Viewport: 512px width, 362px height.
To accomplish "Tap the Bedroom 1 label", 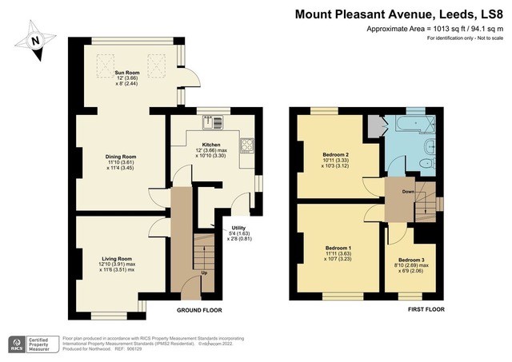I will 338,247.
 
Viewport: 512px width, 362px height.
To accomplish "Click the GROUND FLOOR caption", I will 199,310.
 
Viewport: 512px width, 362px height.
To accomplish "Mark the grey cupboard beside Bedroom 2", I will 374,126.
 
